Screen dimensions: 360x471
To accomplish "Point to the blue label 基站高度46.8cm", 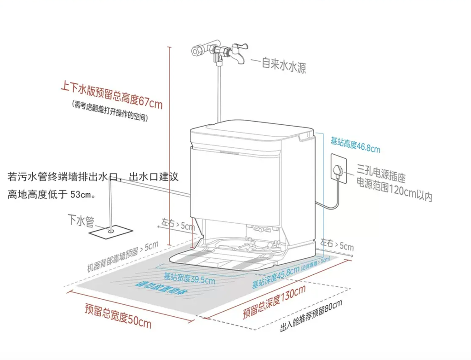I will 355,144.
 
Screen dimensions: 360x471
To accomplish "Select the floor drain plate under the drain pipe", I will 110,232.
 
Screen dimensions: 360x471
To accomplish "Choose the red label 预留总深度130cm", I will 274,302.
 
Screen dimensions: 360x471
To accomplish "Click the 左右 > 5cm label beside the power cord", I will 337,244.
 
